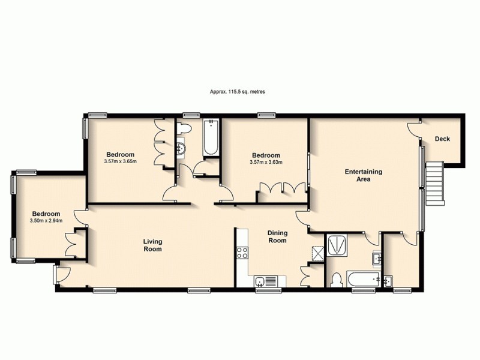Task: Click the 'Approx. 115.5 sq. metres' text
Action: (238, 92)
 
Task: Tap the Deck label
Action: (442, 139)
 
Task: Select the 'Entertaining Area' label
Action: (363, 175)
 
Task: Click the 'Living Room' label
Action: (152, 245)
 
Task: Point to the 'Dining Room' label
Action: (277, 236)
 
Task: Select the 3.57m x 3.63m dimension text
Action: (266, 161)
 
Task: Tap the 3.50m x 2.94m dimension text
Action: (46, 221)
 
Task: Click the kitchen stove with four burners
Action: (243, 253)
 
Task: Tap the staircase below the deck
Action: (435, 184)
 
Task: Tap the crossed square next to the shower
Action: (316, 253)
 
